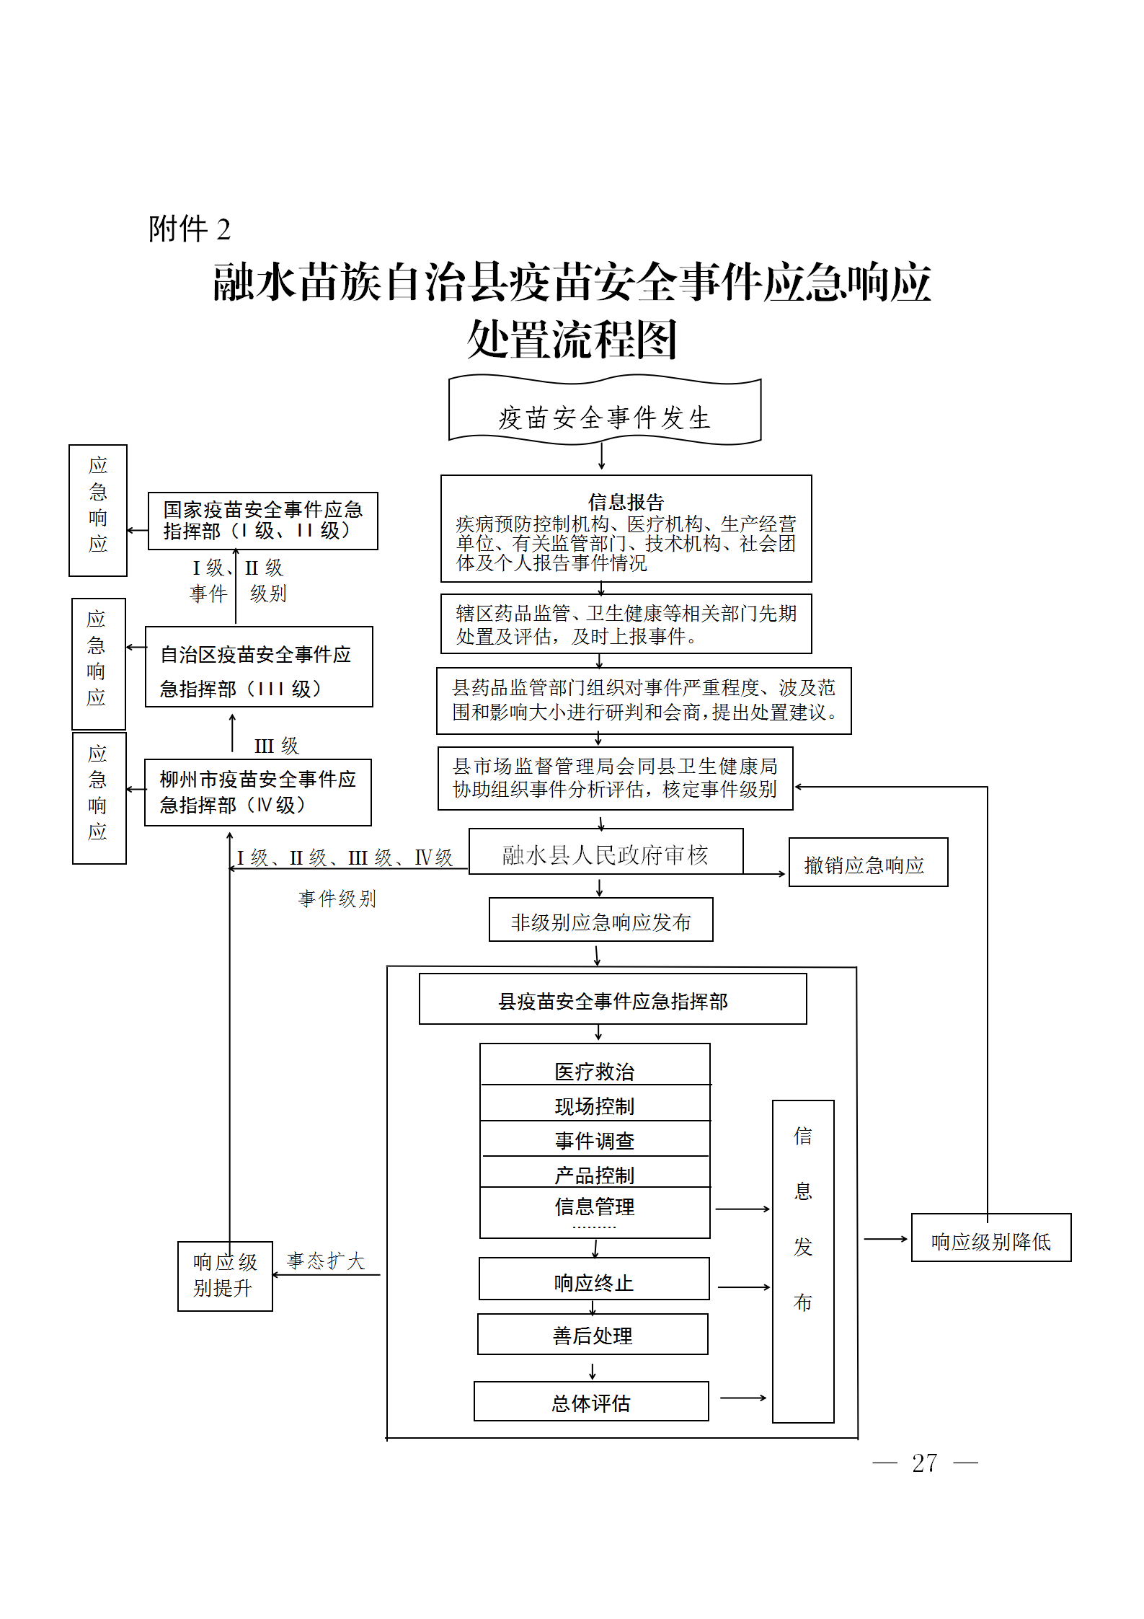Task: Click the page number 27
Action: (x=924, y=1463)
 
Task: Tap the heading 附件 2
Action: (x=190, y=229)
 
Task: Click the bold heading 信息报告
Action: (x=626, y=501)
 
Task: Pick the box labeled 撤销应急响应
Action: (x=868, y=863)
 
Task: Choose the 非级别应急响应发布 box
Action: (x=600, y=920)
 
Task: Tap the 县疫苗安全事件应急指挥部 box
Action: (x=613, y=1000)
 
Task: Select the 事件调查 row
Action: (x=595, y=1139)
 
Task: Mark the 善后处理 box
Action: (x=593, y=1335)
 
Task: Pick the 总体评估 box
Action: (x=591, y=1402)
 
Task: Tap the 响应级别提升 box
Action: (x=225, y=1276)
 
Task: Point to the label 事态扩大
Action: (x=326, y=1261)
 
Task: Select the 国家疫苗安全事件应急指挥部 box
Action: (x=262, y=521)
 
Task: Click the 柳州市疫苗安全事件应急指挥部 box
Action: (x=257, y=792)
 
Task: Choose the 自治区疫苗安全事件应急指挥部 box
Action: (x=259, y=667)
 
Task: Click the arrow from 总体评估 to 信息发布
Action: (x=742, y=1398)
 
